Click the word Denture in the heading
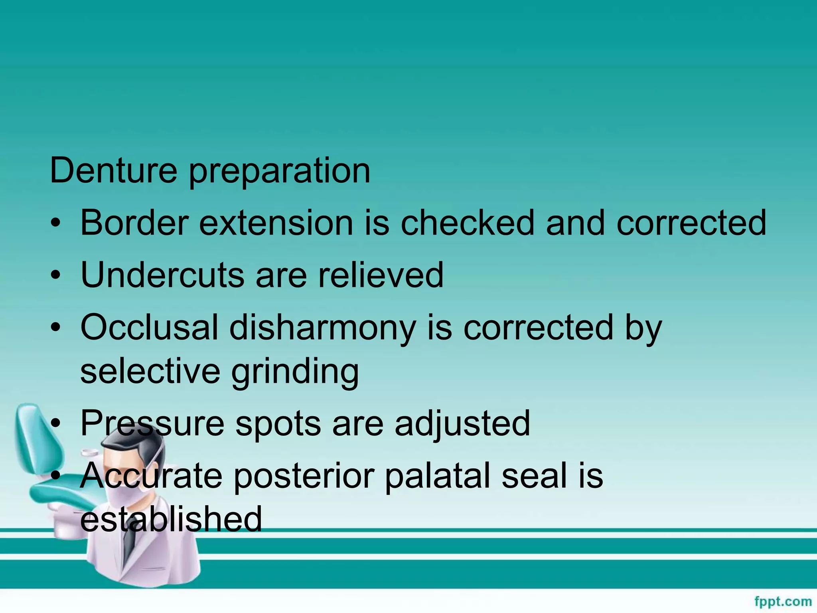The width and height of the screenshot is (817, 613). tap(113, 170)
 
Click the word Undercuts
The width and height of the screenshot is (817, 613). tap(162, 275)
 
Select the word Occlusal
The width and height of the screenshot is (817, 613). tap(149, 327)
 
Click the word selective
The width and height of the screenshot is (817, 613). tap(150, 371)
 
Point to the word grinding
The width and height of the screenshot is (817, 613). tap(295, 373)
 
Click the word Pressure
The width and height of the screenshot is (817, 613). tap(152, 423)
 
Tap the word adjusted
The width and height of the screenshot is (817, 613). tap(462, 424)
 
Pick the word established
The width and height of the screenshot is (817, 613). tap(171, 519)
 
